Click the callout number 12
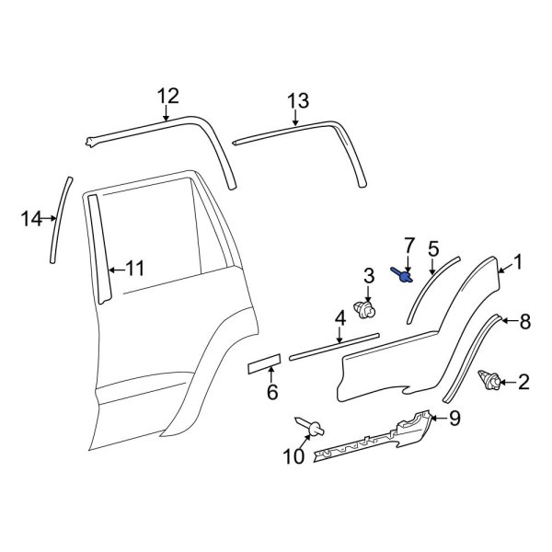tap(167, 96)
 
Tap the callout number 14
tap(31, 218)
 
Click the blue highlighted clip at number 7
tap(402, 274)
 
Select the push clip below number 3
tap(367, 312)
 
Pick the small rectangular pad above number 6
tap(263, 365)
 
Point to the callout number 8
tap(525, 321)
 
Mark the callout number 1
tap(518, 263)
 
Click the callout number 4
tap(339, 318)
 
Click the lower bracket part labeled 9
tap(368, 442)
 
